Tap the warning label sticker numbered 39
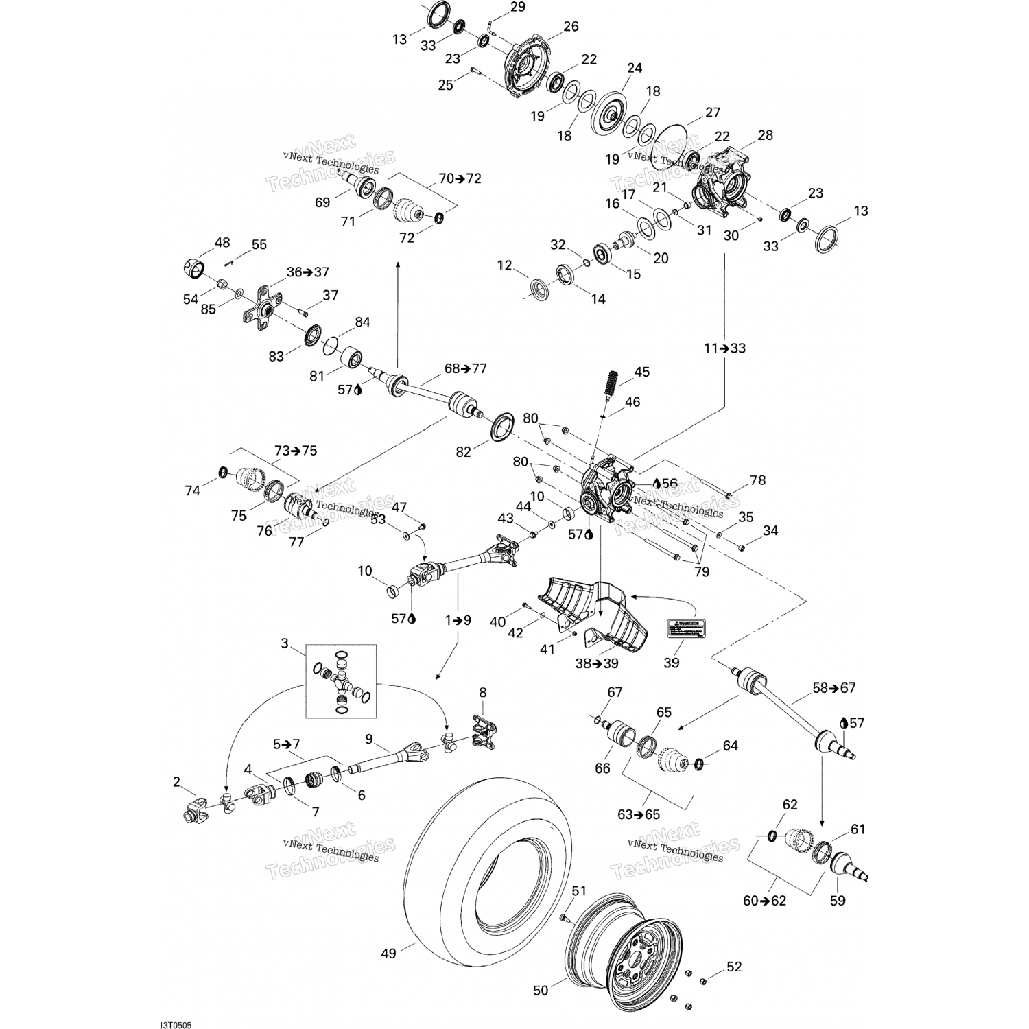(685, 628)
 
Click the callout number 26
(571, 27)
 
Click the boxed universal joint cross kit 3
(341, 681)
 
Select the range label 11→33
(724, 348)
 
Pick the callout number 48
(222, 243)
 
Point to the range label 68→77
(465, 368)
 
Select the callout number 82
(464, 453)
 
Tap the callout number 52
(734, 967)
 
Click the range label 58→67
(833, 687)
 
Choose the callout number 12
(504, 265)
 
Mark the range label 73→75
(296, 451)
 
